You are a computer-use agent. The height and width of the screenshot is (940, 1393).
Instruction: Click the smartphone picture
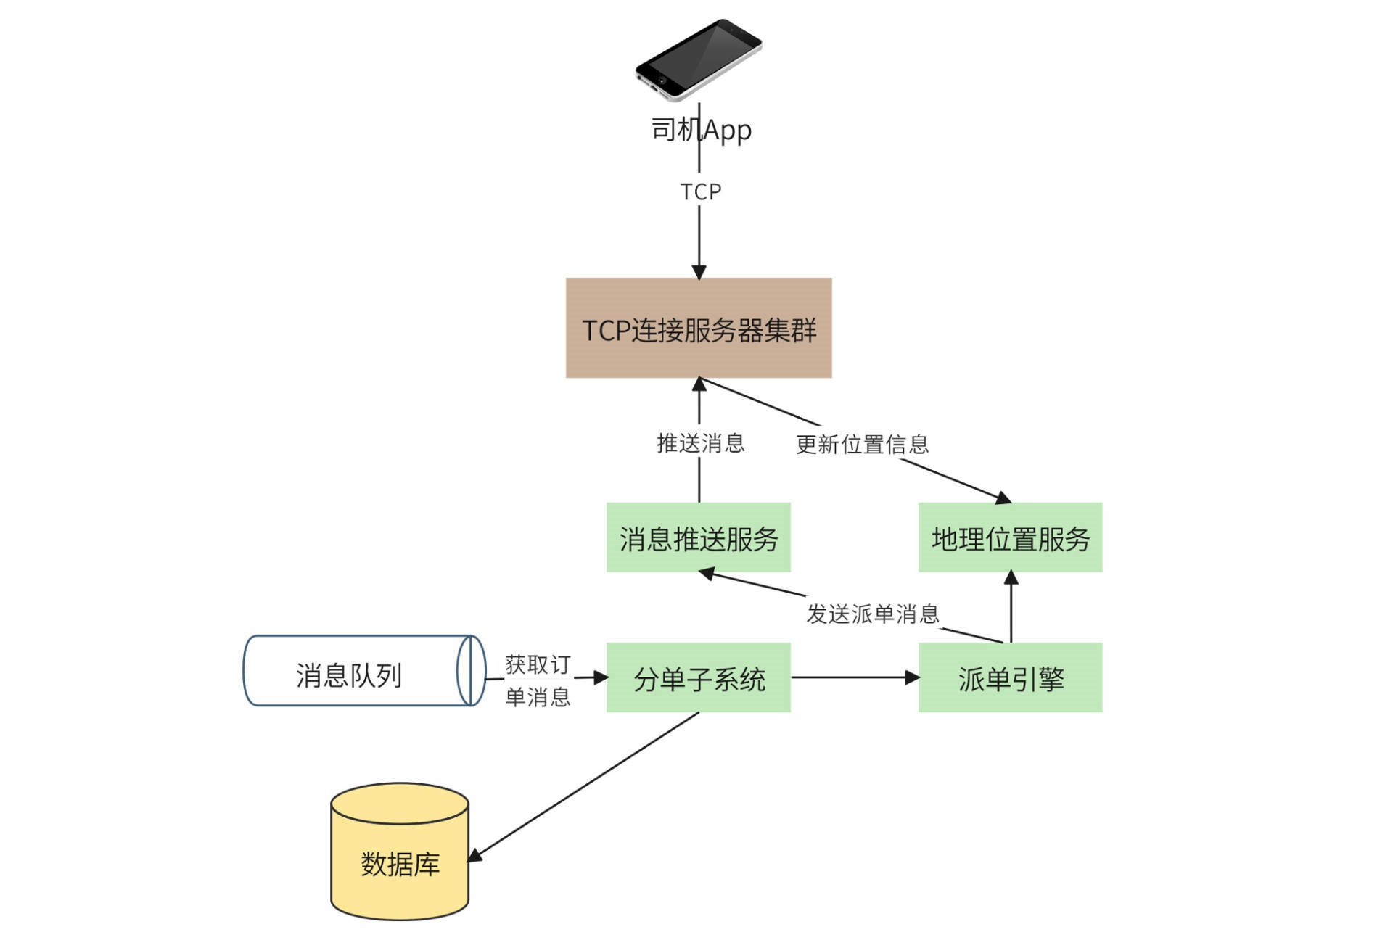point(698,59)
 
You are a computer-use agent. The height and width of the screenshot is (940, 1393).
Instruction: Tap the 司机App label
point(701,130)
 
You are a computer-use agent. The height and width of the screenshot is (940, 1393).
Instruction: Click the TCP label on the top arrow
point(700,191)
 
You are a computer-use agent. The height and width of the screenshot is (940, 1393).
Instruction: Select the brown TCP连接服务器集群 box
point(698,328)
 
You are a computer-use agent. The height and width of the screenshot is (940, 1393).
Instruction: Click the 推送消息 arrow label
point(700,443)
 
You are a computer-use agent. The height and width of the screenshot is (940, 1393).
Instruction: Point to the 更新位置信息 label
point(862,445)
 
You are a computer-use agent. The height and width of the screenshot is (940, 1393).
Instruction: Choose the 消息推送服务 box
point(698,537)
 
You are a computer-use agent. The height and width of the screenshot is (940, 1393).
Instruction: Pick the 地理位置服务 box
point(1010,537)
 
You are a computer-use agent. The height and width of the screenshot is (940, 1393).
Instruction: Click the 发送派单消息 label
point(873,614)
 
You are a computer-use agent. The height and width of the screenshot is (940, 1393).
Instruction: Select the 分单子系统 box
point(698,677)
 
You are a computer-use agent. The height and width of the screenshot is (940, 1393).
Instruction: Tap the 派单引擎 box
point(1010,677)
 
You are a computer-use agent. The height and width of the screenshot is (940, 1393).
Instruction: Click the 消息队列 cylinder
point(363,671)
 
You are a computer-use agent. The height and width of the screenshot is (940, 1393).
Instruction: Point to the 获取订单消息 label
point(538,680)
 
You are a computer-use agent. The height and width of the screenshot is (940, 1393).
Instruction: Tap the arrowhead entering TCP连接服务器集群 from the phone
point(699,272)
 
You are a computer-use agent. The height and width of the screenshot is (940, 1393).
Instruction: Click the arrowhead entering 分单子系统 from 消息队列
point(601,677)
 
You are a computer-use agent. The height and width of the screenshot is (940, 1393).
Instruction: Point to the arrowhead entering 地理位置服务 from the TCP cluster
point(1003,498)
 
